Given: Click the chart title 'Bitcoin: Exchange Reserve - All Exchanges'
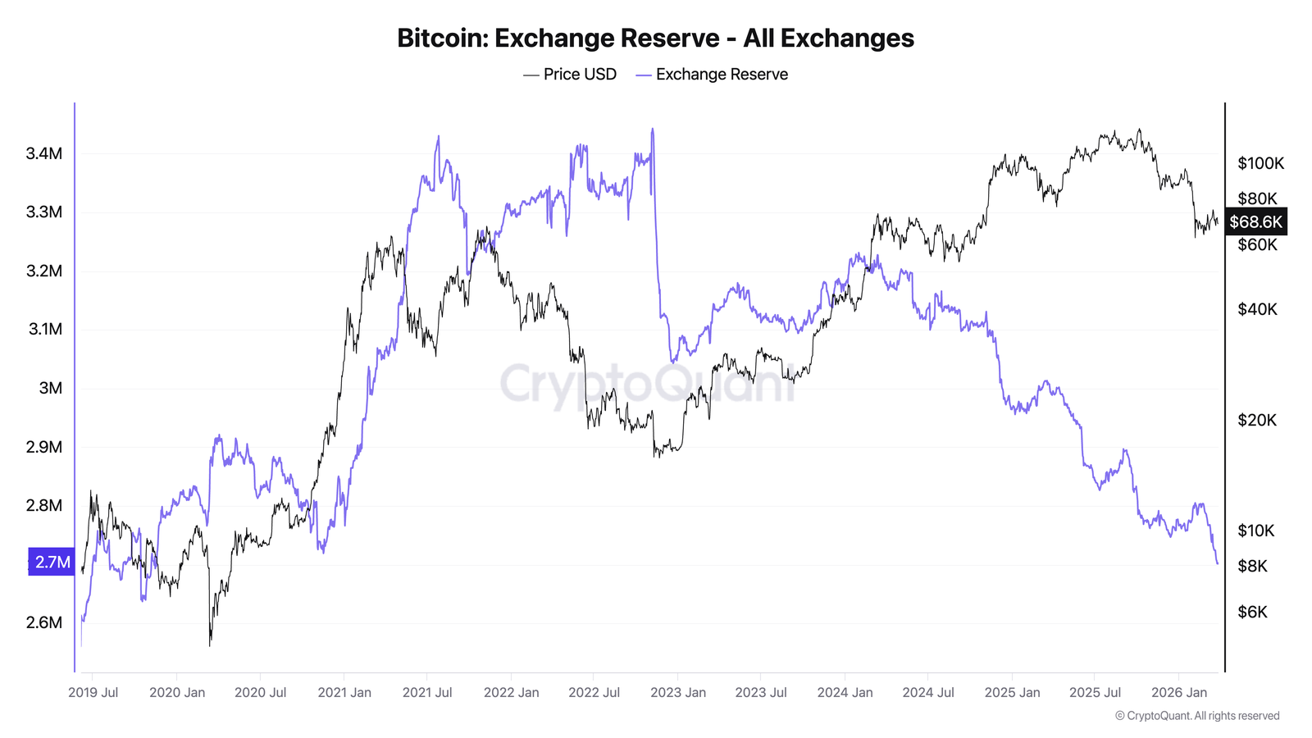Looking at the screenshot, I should (655, 39).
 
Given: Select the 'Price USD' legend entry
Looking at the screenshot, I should (571, 75).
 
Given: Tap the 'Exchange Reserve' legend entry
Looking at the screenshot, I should (712, 75).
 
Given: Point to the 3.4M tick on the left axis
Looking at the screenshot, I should (44, 153).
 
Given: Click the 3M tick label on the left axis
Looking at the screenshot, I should (51, 388).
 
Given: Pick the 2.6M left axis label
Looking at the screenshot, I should (44, 622).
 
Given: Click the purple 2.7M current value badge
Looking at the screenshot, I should (52, 562).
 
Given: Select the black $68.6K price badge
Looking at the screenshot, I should (1255, 222).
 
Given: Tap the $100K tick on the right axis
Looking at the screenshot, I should (1260, 163).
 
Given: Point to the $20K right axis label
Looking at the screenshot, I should (1257, 420).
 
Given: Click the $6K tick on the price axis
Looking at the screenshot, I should (1252, 612).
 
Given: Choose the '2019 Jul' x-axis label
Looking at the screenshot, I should (93, 692).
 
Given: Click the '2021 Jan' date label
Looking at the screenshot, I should (344, 692).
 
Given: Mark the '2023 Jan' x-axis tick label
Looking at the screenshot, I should (678, 692).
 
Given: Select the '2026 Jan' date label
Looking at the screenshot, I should (1179, 692).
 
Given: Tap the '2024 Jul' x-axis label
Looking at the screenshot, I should (928, 692).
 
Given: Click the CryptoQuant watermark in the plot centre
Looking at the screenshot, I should (648, 383).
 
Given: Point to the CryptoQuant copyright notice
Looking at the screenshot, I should (1197, 716).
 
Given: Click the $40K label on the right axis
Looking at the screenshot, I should (1257, 309).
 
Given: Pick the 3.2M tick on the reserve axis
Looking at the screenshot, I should (44, 271).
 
